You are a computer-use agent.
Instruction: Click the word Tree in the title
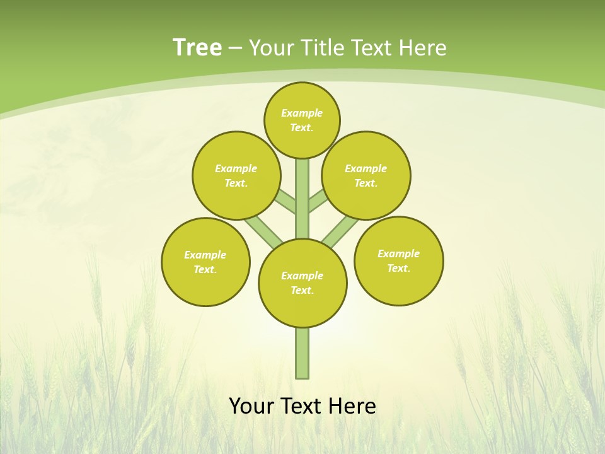(x=197, y=47)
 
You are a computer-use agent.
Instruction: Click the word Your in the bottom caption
(x=251, y=406)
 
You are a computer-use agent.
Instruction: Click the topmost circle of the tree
(x=302, y=120)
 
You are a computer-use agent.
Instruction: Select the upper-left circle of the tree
(x=236, y=175)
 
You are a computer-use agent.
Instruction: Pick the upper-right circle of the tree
(x=366, y=175)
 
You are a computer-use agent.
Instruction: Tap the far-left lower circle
(x=205, y=262)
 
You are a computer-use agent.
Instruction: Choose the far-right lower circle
(x=399, y=260)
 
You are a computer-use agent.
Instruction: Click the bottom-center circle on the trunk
(x=302, y=282)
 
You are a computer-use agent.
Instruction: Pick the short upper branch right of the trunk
(x=318, y=201)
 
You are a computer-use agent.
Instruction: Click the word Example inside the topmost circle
(x=302, y=113)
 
